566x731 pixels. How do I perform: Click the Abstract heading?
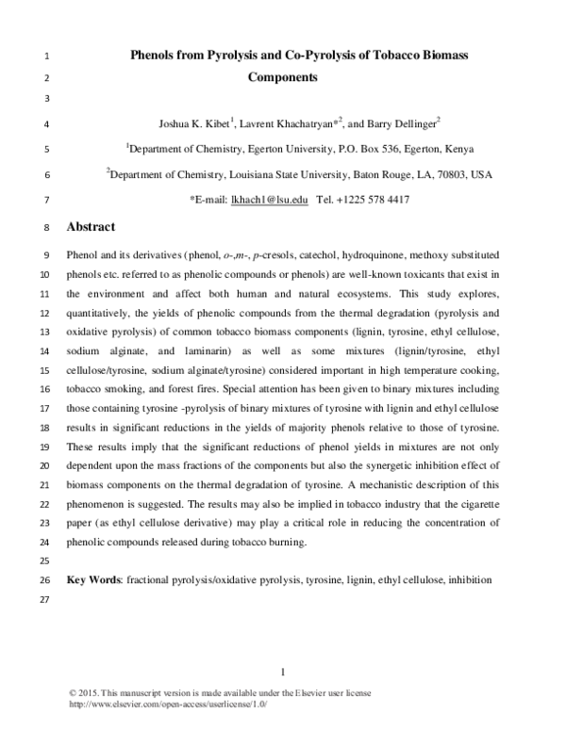(x=91, y=227)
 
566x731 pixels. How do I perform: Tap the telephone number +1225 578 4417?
(x=375, y=200)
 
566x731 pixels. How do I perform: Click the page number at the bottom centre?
(x=283, y=671)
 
